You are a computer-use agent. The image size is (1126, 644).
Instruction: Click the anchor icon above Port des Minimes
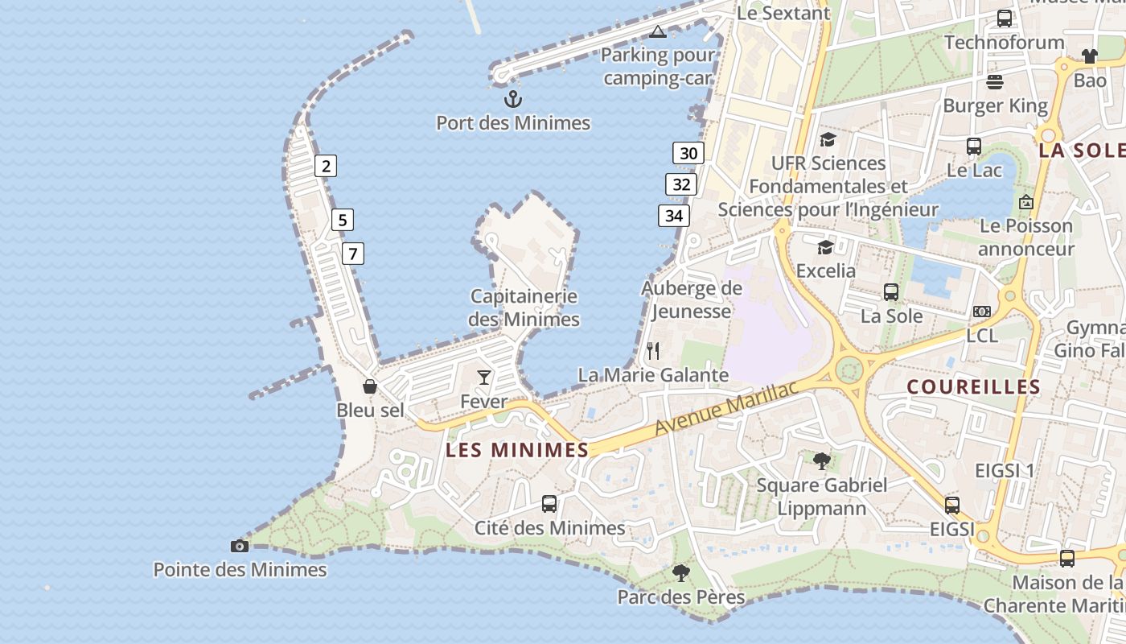click(x=513, y=99)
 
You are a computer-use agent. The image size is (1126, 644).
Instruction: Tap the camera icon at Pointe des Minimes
click(x=240, y=546)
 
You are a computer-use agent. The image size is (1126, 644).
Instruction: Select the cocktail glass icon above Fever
click(x=484, y=377)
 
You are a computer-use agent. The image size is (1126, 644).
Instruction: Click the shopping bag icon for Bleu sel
click(x=370, y=386)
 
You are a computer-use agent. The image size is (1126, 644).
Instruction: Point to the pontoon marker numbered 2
click(x=326, y=166)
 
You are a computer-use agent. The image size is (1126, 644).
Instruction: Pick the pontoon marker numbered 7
click(x=352, y=254)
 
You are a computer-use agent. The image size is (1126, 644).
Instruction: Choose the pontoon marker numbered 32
click(x=681, y=184)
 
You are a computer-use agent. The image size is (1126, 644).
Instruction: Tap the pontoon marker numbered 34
click(x=674, y=216)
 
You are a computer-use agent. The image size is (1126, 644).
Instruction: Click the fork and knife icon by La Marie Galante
click(x=653, y=351)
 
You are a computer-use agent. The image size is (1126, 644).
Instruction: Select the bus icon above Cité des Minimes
click(x=549, y=504)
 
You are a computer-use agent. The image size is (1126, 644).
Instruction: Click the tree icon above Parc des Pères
click(x=681, y=573)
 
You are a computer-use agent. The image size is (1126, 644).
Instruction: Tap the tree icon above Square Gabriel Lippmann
click(x=822, y=460)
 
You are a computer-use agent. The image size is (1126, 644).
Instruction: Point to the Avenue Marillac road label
click(x=725, y=407)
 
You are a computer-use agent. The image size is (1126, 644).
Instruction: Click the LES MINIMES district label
click(x=517, y=450)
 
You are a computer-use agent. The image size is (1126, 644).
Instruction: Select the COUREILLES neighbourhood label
click(x=974, y=387)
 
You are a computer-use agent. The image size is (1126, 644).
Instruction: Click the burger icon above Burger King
click(x=995, y=82)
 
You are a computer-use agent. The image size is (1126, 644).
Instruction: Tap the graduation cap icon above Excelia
click(x=825, y=247)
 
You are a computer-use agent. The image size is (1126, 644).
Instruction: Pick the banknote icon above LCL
click(x=982, y=312)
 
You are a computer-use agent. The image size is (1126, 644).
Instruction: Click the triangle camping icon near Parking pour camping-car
click(x=658, y=32)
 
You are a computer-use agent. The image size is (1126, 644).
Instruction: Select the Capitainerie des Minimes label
click(x=524, y=308)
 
